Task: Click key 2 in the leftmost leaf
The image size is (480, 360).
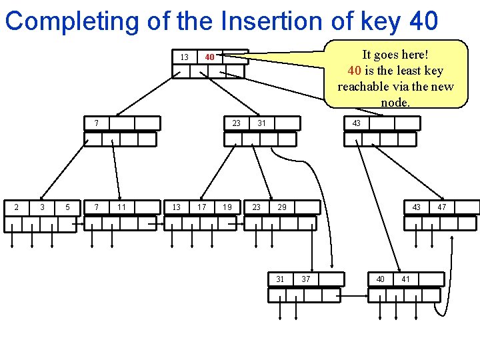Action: coord(17,207)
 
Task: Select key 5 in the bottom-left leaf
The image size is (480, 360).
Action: coord(68,207)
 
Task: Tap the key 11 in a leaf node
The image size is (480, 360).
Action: coord(121,207)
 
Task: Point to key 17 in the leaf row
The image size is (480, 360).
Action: coord(201,207)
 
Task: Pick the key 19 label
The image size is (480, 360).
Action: coord(227,207)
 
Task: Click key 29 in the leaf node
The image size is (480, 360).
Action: coord(282,207)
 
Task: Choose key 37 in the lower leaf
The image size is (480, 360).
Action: coord(305,279)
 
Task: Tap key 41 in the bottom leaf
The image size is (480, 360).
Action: coord(405,279)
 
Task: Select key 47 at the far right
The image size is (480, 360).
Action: coord(442,207)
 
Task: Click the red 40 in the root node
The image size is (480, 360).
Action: coord(209,57)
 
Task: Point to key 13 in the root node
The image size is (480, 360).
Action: coord(184,57)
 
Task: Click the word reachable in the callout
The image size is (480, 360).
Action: coord(365,87)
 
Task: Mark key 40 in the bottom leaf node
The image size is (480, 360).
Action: coord(380,279)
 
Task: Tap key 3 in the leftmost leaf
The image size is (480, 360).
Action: coord(42,207)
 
